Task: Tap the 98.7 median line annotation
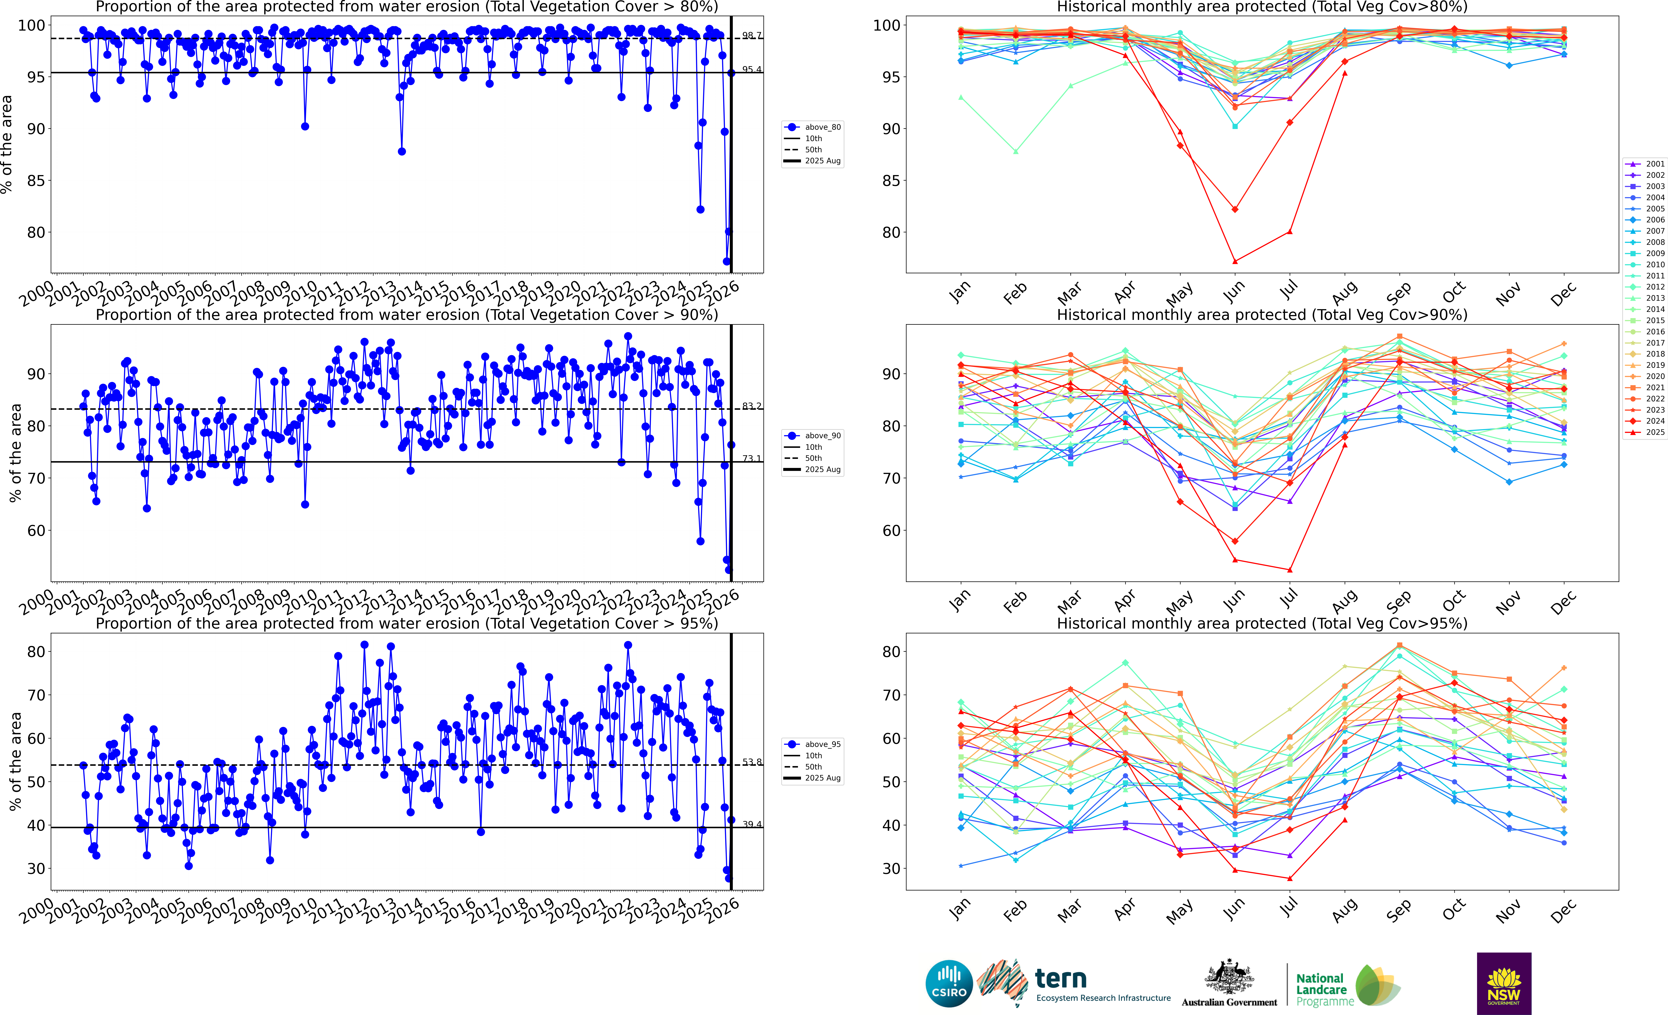pyautogui.click(x=751, y=35)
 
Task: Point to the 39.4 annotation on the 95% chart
pyautogui.click(x=751, y=824)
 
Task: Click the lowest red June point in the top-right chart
pyautogui.click(x=1235, y=261)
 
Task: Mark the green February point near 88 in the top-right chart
pyautogui.click(x=1015, y=152)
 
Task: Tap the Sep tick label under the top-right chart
pyautogui.click(x=1399, y=292)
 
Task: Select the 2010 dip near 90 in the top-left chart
pyautogui.click(x=305, y=126)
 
